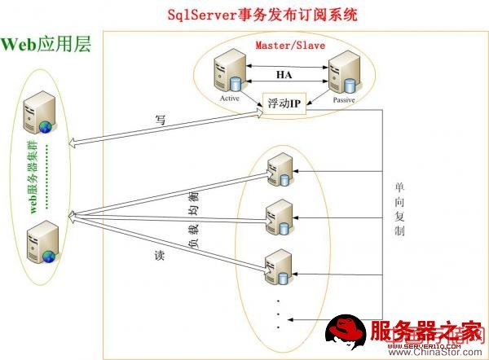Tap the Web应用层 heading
tap(46, 43)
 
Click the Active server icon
tap(227, 76)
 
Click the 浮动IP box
tap(284, 103)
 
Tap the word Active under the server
tap(229, 99)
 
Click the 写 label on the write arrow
tap(161, 120)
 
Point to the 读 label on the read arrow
tap(160, 255)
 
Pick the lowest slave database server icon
tap(278, 266)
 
